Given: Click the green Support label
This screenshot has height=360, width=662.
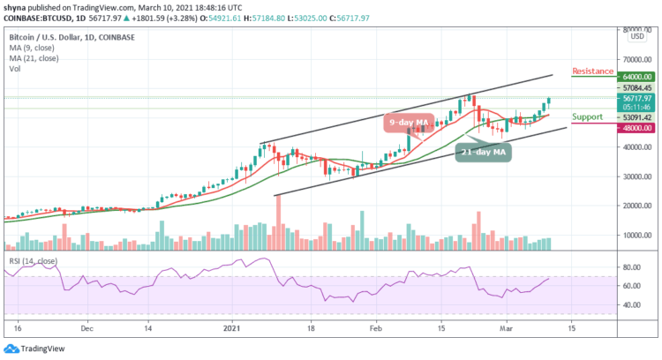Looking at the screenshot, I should [587, 116].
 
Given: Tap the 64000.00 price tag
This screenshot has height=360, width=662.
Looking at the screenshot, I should [635, 77].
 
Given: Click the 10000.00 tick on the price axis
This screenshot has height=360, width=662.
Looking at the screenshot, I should [636, 235].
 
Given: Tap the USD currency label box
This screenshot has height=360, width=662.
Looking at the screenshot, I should [636, 36].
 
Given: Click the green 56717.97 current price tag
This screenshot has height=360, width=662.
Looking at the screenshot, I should [635, 99].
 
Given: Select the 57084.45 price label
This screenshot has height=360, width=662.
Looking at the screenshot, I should [635, 88].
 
